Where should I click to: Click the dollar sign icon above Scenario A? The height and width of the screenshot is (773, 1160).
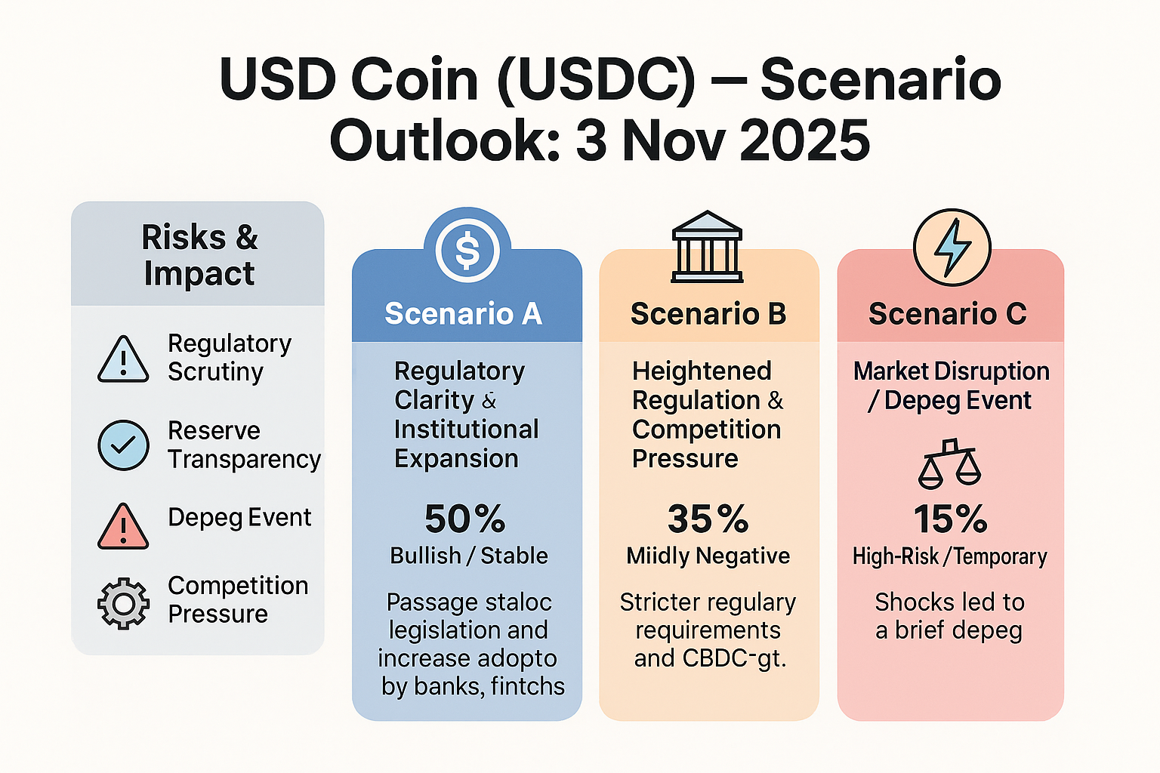point(467,251)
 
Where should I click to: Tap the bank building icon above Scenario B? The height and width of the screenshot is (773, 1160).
point(708,247)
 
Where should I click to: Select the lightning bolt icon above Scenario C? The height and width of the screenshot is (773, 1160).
point(952,247)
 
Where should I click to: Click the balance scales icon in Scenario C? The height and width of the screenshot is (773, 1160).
point(949,463)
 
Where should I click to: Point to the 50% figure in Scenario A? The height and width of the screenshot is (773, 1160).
point(464,519)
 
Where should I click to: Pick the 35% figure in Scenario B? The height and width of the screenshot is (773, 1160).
point(708,519)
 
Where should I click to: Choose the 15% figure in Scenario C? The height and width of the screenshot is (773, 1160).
point(950,519)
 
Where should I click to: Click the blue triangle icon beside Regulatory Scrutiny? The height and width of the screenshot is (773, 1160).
point(123,359)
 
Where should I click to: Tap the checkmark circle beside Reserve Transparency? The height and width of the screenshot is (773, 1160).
point(123,445)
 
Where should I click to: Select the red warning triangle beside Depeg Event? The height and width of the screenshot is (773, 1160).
point(123,526)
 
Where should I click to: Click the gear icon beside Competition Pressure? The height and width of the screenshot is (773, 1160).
point(123,603)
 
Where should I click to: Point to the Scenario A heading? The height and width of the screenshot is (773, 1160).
point(464,313)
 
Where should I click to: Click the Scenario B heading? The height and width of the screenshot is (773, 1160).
point(708,313)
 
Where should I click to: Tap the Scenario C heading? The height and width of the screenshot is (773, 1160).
point(948,313)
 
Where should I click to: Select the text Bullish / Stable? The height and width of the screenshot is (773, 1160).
point(469,556)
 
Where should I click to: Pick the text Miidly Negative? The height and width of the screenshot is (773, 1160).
point(708,556)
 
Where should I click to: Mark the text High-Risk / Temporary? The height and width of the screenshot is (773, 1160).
point(950,557)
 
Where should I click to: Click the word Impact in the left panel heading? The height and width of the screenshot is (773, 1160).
point(199,273)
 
